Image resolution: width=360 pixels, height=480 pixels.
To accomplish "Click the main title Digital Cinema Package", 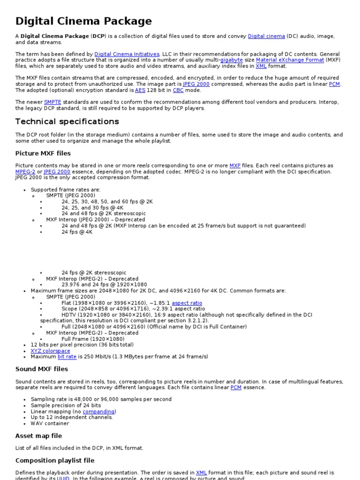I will (83, 21).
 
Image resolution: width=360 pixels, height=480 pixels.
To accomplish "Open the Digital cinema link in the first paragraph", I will (266, 36).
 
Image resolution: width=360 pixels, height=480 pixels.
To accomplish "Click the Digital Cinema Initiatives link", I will (127, 54).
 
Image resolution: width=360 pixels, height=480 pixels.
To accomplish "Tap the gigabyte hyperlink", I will (232, 60).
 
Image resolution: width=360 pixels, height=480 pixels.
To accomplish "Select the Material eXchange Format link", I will (290, 60).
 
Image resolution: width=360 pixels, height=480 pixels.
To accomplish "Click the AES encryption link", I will (140, 90).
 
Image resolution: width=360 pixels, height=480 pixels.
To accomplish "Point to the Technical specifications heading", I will (67, 121).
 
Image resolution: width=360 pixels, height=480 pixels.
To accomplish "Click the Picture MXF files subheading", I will (43, 153).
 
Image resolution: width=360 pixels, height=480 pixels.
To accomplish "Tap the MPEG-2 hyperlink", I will (25, 172).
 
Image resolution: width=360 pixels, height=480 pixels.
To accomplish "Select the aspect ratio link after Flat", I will (187, 303).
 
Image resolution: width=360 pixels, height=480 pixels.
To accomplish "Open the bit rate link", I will (67, 357).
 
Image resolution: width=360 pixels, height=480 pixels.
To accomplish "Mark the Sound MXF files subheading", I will (42, 369).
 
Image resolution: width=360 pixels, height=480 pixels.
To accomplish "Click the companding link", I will (98, 412).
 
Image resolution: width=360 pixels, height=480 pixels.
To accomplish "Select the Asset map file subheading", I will (38, 436).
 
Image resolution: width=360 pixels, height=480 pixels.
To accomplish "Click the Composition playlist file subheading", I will (55, 460).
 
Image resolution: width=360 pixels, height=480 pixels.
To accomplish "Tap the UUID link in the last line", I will (63, 478).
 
